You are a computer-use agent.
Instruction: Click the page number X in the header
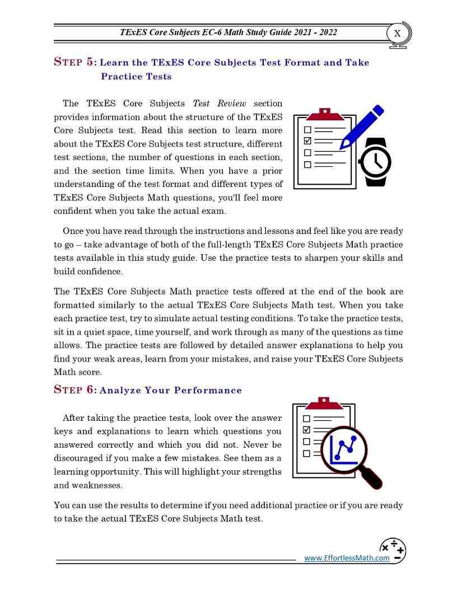(397, 33)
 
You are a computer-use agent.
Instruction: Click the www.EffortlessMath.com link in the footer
(347, 557)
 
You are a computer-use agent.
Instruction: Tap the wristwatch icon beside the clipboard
(375, 162)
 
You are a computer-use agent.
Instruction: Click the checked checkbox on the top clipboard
(307, 140)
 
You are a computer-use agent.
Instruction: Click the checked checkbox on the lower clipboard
(306, 430)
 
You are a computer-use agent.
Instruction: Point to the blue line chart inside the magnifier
(343, 449)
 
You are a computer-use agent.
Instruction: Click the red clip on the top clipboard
(325, 114)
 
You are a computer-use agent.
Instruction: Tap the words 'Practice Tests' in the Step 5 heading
(136, 76)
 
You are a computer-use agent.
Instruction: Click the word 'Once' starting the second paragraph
(73, 231)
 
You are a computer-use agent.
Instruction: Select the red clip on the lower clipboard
(323, 403)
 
